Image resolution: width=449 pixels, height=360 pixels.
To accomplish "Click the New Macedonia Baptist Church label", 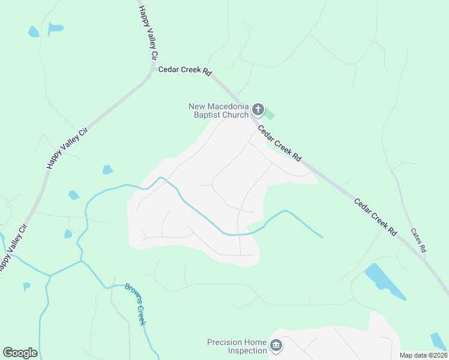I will click(218, 110).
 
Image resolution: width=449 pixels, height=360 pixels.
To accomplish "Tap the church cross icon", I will click(258, 109).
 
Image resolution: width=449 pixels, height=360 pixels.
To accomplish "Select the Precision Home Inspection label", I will click(237, 346).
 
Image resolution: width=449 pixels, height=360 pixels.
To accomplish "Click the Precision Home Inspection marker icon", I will click(276, 346).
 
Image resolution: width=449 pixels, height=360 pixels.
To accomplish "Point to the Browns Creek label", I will click(136, 304).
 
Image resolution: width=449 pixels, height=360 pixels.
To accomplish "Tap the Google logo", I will click(20, 353).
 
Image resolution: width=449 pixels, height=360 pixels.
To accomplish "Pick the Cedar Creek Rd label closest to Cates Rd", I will click(375, 217).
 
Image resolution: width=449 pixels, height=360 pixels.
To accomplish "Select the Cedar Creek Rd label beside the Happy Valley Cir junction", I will click(185, 71).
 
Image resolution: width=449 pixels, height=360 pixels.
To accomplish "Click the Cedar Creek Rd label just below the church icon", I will click(279, 143).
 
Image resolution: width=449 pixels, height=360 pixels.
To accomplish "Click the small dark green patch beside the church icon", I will click(270, 113).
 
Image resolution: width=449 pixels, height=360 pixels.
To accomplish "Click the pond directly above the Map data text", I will click(438, 340).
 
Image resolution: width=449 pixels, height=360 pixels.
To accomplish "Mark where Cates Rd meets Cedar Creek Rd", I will click(426, 259).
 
